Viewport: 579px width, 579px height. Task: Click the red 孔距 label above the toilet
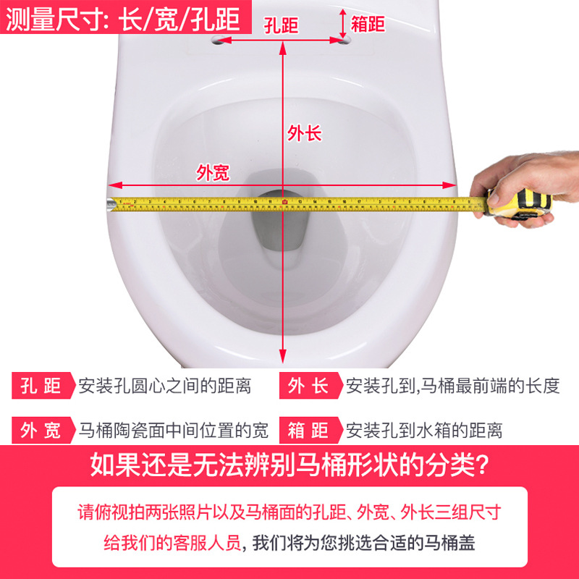point(281,25)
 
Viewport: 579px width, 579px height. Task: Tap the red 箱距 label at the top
point(368,24)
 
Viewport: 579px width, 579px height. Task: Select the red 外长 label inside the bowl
point(305,133)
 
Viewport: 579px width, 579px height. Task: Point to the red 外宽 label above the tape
point(213,172)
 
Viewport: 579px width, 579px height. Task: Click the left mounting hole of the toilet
point(219,40)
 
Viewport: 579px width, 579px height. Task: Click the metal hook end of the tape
point(111,204)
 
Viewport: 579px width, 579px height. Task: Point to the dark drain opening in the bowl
point(280,221)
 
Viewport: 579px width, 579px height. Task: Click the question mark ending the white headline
point(483,465)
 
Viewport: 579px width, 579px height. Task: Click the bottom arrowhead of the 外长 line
point(283,356)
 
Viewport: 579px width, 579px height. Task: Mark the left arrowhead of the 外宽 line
point(115,185)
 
